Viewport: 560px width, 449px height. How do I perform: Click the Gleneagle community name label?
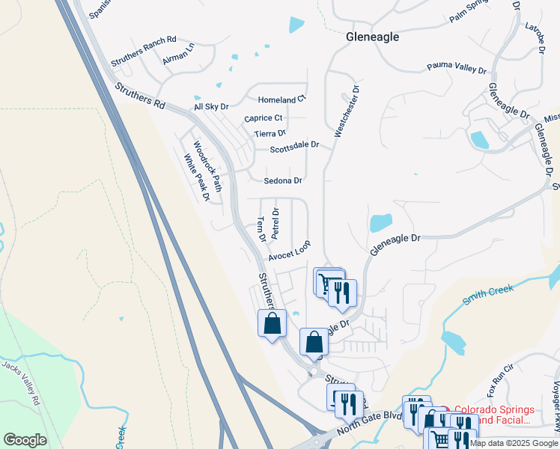click(372, 37)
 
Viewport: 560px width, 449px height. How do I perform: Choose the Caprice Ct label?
click(263, 118)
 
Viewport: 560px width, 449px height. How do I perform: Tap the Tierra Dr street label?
click(270, 133)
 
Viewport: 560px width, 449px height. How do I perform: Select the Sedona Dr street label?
click(282, 181)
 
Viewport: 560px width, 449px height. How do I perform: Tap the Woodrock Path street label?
click(207, 165)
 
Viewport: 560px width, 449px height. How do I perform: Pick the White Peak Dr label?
click(196, 177)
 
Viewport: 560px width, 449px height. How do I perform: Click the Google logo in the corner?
click(25, 440)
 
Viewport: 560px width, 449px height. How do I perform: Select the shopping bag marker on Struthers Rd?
click(272, 324)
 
